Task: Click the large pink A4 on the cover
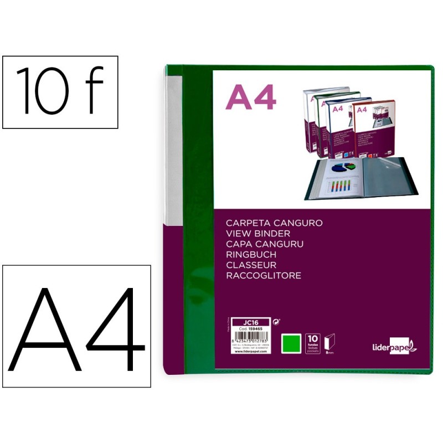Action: pos(251,99)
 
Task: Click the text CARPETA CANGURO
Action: pos(274,223)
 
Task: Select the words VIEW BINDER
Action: pos(257,234)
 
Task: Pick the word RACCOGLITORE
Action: pos(264,276)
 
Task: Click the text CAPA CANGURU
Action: pos(265,244)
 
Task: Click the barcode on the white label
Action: pos(251,340)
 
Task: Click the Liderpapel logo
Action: pos(394,346)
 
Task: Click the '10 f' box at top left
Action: pos(60,92)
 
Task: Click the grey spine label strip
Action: pos(173,149)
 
